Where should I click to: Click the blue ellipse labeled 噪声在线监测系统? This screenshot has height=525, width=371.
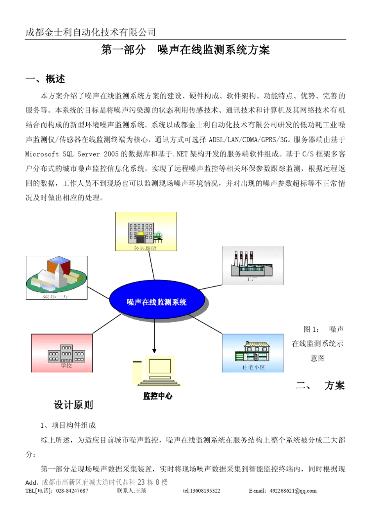click(157, 302)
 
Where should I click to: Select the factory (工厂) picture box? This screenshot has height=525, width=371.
click(253, 265)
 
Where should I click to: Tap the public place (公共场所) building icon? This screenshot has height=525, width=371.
click(146, 231)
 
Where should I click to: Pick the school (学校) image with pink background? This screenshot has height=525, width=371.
click(62, 353)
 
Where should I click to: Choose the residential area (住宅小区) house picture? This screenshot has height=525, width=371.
click(253, 353)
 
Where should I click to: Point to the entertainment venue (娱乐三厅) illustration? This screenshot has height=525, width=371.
click(57, 278)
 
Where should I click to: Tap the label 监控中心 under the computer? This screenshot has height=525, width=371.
click(157, 396)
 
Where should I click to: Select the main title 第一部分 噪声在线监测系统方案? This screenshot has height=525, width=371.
click(185, 50)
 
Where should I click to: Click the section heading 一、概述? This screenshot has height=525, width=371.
click(45, 79)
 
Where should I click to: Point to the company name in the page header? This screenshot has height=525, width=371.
click(91, 32)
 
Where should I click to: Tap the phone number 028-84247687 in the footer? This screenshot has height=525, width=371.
click(72, 491)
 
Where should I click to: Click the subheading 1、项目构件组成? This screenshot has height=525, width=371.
click(68, 425)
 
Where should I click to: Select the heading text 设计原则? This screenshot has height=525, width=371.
click(73, 405)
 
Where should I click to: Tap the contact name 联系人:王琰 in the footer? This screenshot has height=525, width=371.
click(132, 491)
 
